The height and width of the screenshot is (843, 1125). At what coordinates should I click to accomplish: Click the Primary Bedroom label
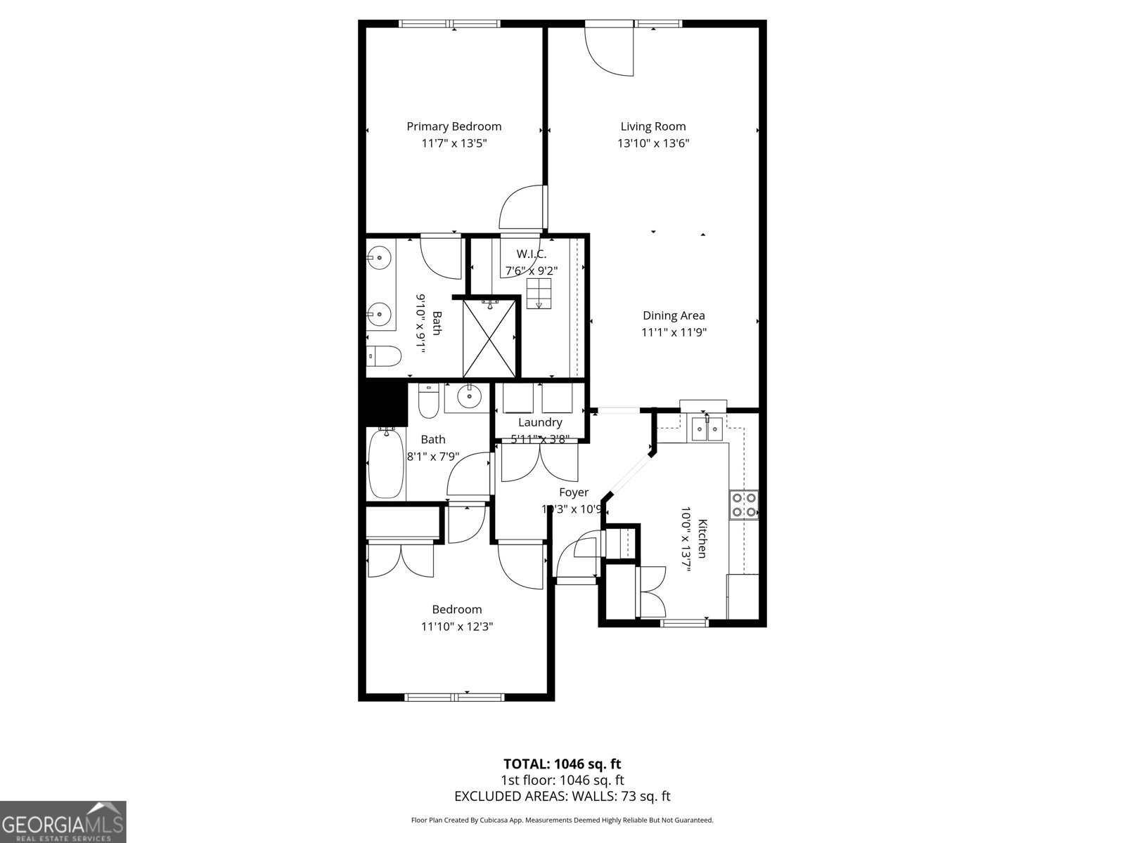pyautogui.click(x=454, y=126)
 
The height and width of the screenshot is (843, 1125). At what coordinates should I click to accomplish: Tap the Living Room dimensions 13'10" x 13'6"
pyautogui.click(x=653, y=143)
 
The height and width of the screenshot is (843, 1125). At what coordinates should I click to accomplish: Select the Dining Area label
pyautogui.click(x=673, y=315)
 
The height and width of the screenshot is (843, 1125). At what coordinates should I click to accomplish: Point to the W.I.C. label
pyautogui.click(x=531, y=254)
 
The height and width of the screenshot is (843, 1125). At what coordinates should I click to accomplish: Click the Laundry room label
pyautogui.click(x=539, y=422)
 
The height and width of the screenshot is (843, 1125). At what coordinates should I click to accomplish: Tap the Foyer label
pyautogui.click(x=573, y=492)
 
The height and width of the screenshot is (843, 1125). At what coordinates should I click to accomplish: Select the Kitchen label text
pyautogui.click(x=702, y=538)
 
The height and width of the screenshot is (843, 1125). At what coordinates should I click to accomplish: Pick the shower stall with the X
pyautogui.click(x=489, y=338)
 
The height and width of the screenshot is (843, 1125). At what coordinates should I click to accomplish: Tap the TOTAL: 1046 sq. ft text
pyautogui.click(x=562, y=764)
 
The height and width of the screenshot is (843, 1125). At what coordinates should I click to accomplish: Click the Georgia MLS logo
pyautogui.click(x=63, y=822)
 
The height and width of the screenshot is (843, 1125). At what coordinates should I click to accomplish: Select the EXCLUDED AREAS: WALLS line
pyautogui.click(x=562, y=796)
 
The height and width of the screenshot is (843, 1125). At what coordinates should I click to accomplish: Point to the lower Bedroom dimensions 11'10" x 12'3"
pyautogui.click(x=456, y=627)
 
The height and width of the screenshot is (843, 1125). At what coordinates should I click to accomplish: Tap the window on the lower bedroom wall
pyautogui.click(x=454, y=697)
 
